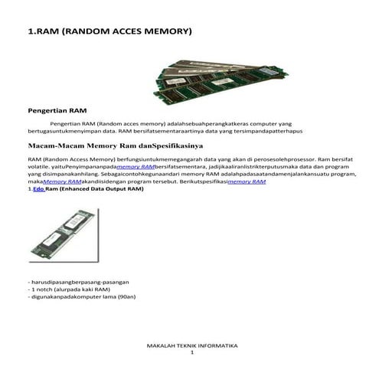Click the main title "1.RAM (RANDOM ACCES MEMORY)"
(x=109, y=32)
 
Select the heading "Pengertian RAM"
(x=54, y=111)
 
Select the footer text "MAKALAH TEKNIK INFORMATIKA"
(x=192, y=346)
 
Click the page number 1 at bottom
(x=192, y=353)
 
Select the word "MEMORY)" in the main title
(x=166, y=32)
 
